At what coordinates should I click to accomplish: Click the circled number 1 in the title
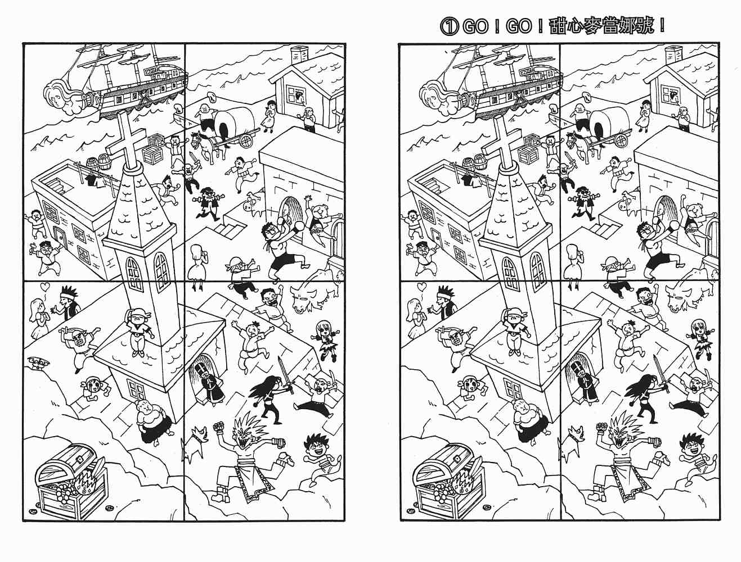pos(450,26)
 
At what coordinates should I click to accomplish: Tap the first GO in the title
pos(475,26)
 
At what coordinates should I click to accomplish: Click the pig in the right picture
pos(630,206)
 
